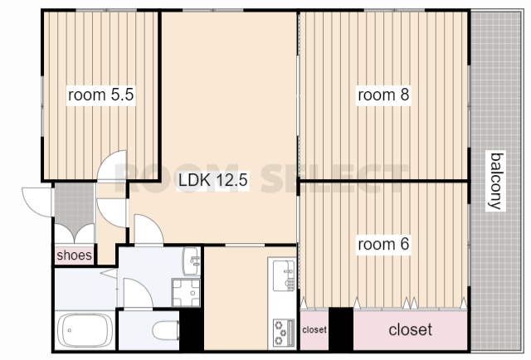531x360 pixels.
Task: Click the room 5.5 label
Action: click(101, 95)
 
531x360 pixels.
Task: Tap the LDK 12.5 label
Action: click(213, 180)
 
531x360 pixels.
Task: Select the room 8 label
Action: click(383, 95)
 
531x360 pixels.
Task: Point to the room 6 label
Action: click(383, 244)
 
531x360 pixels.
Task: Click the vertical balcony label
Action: click(496, 181)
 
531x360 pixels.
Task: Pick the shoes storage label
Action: click(74, 255)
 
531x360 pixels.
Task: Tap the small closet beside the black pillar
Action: click(314, 329)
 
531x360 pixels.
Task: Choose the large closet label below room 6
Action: click(410, 329)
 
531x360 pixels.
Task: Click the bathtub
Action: click(85, 330)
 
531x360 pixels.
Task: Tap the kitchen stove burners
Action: click(284, 333)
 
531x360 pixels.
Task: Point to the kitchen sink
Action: click(284, 275)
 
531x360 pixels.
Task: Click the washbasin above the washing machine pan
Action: click(192, 261)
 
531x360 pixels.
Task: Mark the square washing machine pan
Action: click(186, 293)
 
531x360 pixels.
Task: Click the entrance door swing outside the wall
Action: click(37, 202)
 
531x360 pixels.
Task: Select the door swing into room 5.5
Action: click(112, 165)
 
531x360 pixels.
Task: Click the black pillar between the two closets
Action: click(341, 328)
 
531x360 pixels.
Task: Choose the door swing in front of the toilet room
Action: click(138, 293)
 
